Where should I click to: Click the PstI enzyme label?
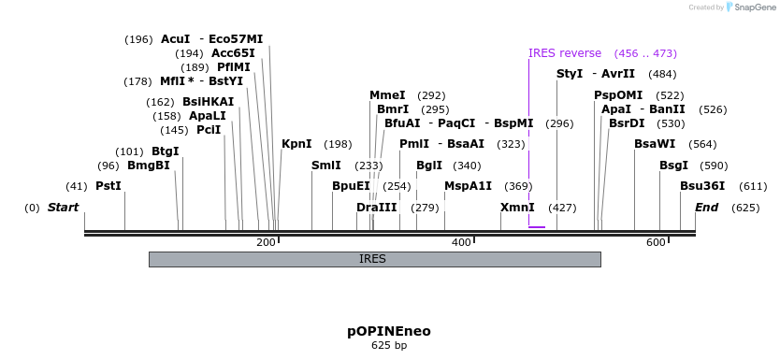[108, 186]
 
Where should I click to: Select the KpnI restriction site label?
[296, 144]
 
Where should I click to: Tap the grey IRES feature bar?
[374, 259]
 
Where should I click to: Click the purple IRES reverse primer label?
[565, 53]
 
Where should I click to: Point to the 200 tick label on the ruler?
[266, 243]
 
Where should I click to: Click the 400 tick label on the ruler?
[461, 243]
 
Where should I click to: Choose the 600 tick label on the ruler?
[656, 243]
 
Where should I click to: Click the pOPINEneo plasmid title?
[389, 331]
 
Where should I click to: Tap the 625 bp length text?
[389, 345]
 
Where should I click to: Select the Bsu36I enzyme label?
[702, 186]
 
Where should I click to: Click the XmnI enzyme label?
[517, 208]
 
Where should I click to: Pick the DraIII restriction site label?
[377, 208]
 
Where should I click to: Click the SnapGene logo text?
[753, 7]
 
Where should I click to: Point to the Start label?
[63, 208]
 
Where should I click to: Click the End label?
[706, 208]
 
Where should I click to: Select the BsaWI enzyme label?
[655, 144]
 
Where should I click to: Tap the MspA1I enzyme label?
[468, 186]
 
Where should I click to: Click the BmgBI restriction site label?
[149, 166]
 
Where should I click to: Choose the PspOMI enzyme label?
[618, 95]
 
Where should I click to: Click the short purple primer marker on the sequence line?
[536, 226]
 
